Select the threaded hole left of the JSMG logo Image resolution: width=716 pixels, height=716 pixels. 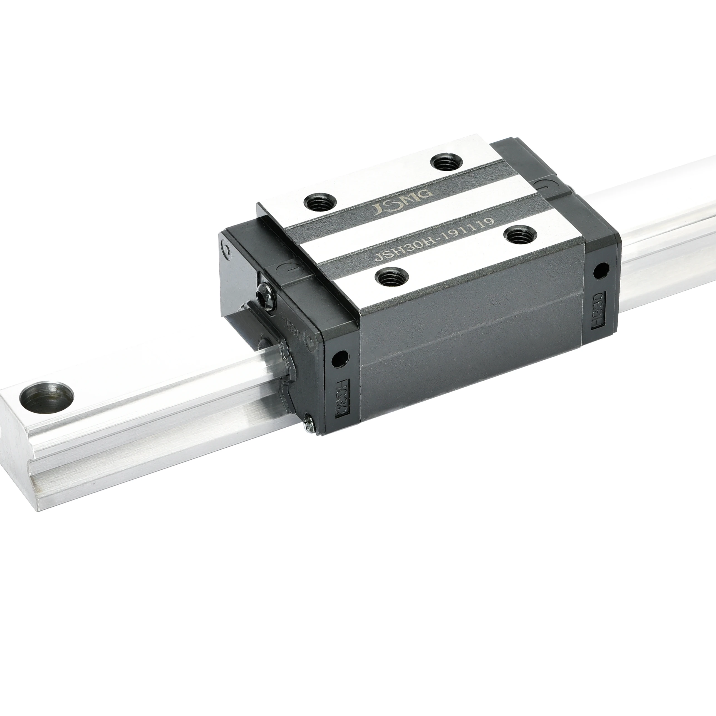pyautogui.click(x=320, y=203)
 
